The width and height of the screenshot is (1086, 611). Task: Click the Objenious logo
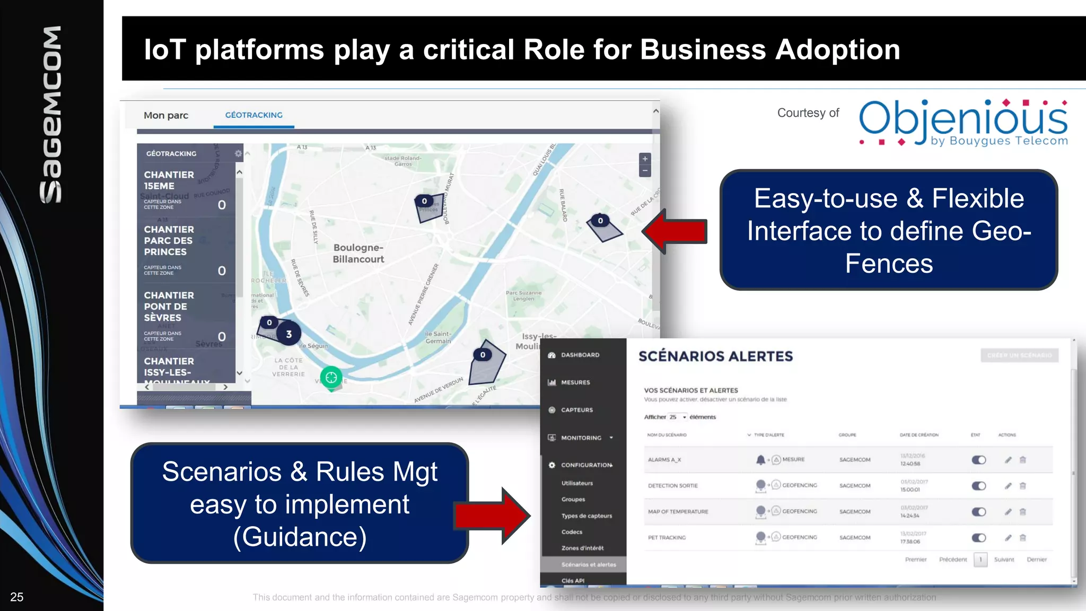pyautogui.click(x=962, y=123)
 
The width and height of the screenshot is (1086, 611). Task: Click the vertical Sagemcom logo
pyautogui.click(x=51, y=114)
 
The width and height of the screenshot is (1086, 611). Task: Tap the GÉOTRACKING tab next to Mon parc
pyautogui.click(x=253, y=115)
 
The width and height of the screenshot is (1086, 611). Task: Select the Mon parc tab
pyautogui.click(x=166, y=115)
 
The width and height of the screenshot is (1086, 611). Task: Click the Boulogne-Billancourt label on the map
pyautogui.click(x=358, y=254)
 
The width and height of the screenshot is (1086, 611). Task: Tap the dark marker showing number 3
pyautogui.click(x=288, y=334)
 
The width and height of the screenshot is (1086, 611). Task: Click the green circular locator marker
pyautogui.click(x=331, y=378)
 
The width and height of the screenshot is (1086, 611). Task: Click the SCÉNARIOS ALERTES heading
pyautogui.click(x=715, y=356)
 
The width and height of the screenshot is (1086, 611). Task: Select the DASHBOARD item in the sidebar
pyautogui.click(x=580, y=355)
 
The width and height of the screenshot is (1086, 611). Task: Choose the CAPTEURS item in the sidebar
pyautogui.click(x=577, y=410)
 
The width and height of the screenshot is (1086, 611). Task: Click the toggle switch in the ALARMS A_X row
pyautogui.click(x=978, y=460)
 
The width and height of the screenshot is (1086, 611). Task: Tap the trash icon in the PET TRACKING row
pyautogui.click(x=1023, y=538)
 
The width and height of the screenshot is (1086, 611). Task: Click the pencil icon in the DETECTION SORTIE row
pyautogui.click(x=1008, y=486)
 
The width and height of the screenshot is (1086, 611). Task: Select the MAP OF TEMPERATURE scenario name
pyautogui.click(x=678, y=512)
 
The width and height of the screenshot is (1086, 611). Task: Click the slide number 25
pyautogui.click(x=17, y=597)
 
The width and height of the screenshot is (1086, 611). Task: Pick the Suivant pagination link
pyautogui.click(x=1004, y=560)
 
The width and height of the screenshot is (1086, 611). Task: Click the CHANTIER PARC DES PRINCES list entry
pyautogui.click(x=169, y=241)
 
